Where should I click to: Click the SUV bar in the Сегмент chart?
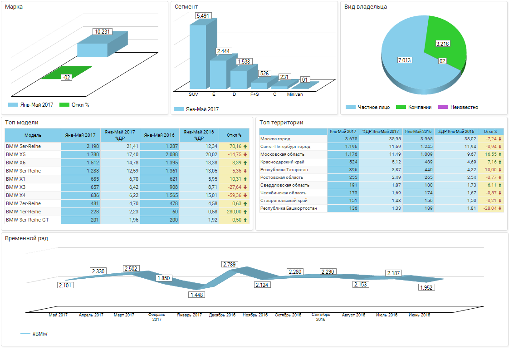click(x=197, y=57)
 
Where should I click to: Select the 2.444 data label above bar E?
click(x=223, y=51)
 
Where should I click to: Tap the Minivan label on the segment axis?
click(x=295, y=94)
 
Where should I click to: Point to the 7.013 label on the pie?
click(x=405, y=60)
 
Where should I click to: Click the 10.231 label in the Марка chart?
click(x=100, y=31)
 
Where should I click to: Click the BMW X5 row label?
click(x=16, y=154)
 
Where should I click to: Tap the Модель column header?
click(x=33, y=135)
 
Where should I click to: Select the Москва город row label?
click(x=275, y=138)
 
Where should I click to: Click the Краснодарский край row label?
click(x=282, y=162)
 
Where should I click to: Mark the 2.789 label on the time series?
click(x=230, y=264)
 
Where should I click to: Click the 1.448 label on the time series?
click(x=197, y=295)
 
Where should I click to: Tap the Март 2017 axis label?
click(x=124, y=315)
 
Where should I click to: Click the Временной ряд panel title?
click(x=26, y=238)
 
